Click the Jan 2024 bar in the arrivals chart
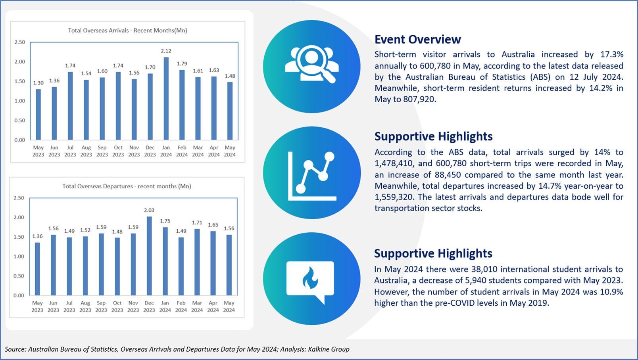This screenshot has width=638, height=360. (166, 98)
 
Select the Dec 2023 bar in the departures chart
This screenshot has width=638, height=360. (149, 256)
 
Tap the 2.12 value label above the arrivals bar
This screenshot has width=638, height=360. (166, 51)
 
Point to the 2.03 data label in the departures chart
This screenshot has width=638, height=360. (149, 210)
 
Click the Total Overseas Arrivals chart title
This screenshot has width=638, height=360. (128, 31)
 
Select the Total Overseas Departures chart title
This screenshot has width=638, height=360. (127, 186)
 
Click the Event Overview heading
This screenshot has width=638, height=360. (417, 39)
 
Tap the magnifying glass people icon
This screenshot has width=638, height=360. (312, 64)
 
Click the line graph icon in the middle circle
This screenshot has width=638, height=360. (312, 176)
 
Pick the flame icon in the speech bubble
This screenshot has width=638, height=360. (310, 278)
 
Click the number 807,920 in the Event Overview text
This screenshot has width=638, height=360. (419, 100)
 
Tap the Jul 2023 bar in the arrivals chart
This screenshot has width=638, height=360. (70, 106)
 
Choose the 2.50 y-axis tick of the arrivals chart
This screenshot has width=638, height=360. (20, 42)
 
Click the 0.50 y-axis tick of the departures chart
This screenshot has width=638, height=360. (19, 276)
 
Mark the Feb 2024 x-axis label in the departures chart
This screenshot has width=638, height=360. (181, 306)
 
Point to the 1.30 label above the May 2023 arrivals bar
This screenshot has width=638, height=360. (38, 83)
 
